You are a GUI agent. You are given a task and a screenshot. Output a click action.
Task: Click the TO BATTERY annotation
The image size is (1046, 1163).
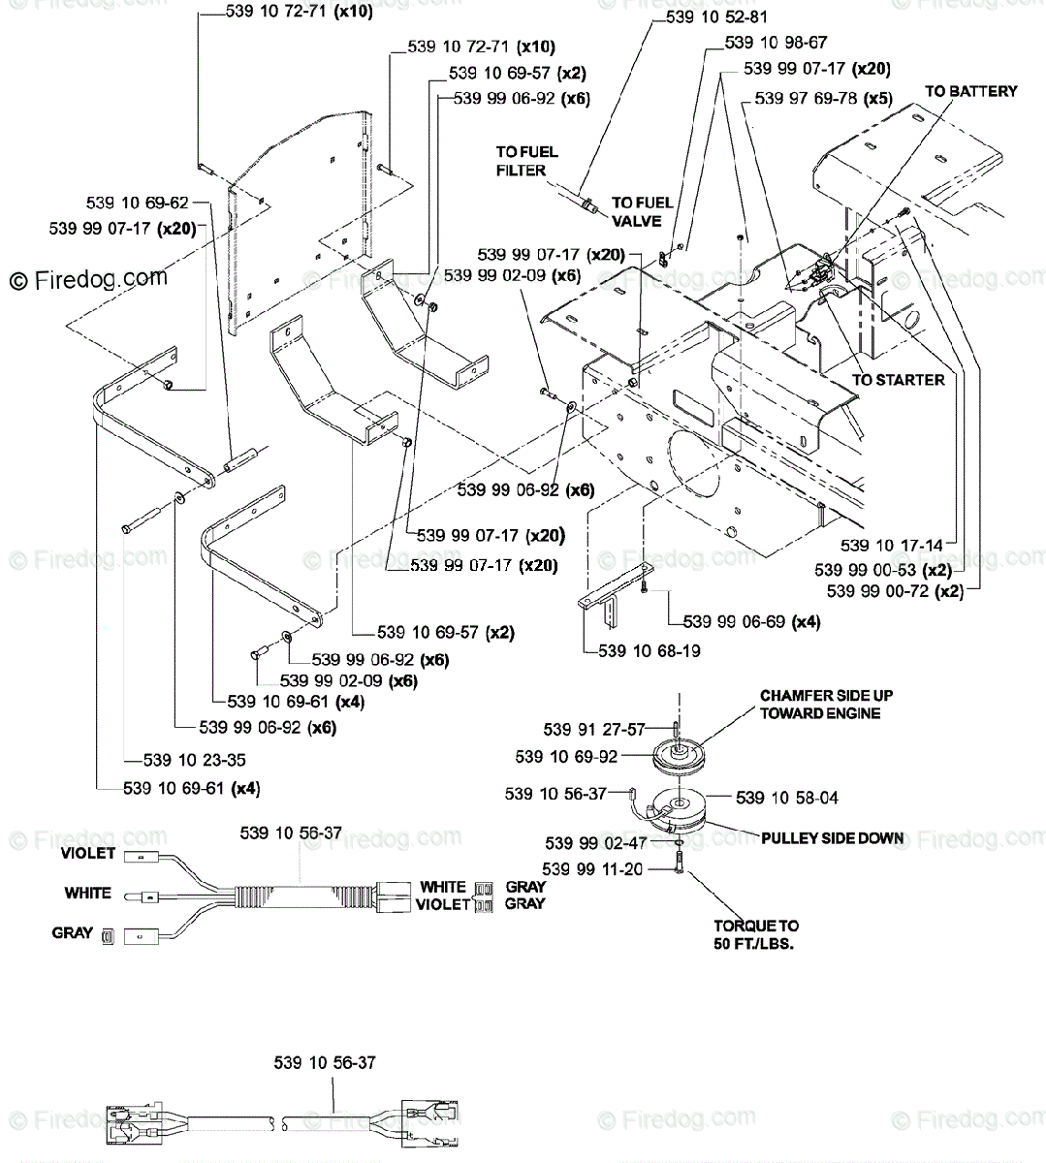tap(970, 92)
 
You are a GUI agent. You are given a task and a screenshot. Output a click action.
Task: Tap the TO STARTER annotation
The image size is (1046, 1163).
tap(898, 380)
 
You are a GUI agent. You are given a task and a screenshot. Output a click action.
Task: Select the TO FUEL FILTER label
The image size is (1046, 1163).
tap(526, 161)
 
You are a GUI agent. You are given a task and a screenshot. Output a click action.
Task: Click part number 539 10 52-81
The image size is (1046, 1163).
tap(716, 17)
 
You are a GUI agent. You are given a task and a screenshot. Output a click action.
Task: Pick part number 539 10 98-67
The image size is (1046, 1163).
tap(776, 43)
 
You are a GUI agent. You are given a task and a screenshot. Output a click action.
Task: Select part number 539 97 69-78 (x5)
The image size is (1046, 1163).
tap(823, 99)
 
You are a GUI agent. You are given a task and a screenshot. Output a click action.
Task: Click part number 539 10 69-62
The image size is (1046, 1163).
tap(138, 203)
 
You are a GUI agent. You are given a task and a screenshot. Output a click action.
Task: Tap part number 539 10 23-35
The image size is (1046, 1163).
tap(194, 760)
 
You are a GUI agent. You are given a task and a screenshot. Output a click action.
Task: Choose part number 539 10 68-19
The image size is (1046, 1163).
tap(650, 650)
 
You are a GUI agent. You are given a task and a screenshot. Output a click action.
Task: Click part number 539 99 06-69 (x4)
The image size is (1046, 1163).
tap(751, 621)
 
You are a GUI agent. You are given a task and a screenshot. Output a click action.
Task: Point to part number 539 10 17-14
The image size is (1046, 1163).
tap(892, 545)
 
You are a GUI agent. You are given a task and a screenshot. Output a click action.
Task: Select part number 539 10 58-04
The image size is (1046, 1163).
tap(786, 798)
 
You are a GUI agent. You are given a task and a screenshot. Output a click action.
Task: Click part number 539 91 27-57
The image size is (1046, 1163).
tap(594, 730)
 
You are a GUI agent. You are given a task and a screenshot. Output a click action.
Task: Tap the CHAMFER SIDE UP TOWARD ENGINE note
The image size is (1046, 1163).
tap(826, 704)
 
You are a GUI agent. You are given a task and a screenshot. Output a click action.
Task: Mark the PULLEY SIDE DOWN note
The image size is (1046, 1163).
tap(833, 838)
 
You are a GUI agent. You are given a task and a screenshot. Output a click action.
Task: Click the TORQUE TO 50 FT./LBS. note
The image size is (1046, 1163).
tap(756, 934)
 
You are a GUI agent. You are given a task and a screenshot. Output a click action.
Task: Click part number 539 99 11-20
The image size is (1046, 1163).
tap(592, 869)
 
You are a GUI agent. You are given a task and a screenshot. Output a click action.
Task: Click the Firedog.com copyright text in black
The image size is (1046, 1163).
tap(89, 279)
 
